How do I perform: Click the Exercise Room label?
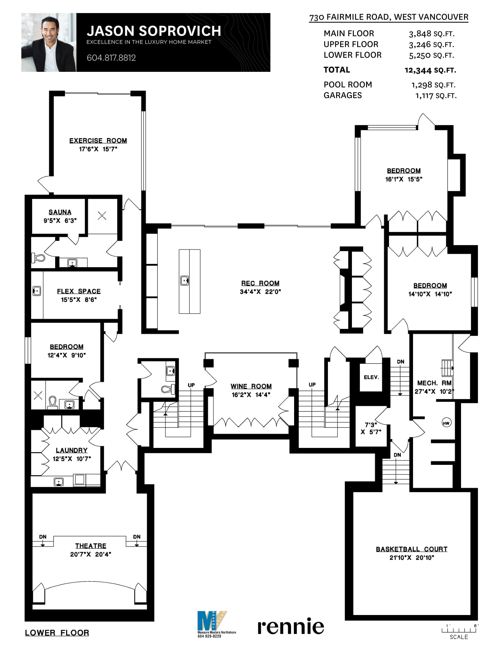(98, 140)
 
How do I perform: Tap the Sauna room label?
(60, 212)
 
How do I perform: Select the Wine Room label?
(251, 386)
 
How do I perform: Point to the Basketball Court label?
(412, 549)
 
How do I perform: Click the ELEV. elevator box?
(371, 377)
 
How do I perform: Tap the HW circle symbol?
(446, 423)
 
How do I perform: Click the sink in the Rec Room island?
(184, 281)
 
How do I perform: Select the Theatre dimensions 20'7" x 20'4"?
(90, 554)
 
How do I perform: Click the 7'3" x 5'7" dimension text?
(371, 428)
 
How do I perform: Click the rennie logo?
(291, 626)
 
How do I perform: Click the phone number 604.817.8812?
(111, 58)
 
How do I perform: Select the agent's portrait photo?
(49, 42)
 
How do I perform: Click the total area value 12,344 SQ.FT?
(430, 70)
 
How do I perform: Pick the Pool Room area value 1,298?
(422, 85)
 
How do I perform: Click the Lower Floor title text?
(57, 633)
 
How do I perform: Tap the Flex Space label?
(79, 291)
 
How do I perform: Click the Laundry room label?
(72, 450)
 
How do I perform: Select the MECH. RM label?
(434, 383)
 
